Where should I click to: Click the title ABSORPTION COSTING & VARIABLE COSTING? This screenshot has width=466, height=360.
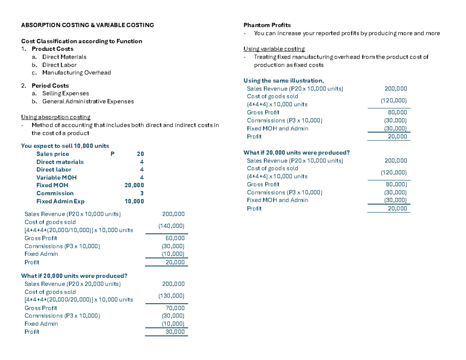coord(87,25)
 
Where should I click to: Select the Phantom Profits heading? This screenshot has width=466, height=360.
coord(267,25)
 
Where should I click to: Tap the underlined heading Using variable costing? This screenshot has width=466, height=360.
coord(274,49)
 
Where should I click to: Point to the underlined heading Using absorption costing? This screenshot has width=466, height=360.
coord(56,117)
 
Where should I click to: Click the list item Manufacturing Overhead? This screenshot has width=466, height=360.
coord(77,73)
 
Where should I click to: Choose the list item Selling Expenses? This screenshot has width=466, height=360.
coord(65,93)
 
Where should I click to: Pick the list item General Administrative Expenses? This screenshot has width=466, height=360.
coord(88,101)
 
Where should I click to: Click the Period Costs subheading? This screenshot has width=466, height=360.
coord(50,85)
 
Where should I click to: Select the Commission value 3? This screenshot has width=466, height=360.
coord(142,193)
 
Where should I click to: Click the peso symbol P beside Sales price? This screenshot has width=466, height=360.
coord(112,154)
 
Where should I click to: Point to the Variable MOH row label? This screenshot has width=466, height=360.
coord(56,177)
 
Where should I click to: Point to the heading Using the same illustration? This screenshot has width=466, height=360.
coord(283,81)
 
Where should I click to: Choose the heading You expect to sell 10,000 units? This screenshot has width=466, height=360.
coord(65,146)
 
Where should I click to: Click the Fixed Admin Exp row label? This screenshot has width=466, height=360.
coord(60,201)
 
